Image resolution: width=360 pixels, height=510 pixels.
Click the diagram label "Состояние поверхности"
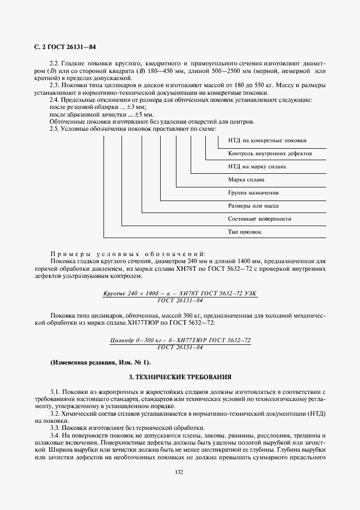[259, 218]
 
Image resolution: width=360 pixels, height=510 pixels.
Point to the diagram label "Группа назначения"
[253, 193]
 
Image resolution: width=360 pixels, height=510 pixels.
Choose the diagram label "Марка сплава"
[247, 179]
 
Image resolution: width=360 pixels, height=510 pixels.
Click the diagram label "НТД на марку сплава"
[257, 166]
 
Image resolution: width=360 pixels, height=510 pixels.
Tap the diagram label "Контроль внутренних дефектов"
[270, 154]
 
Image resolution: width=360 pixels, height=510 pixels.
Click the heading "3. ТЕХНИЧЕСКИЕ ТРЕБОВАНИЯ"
[180, 377]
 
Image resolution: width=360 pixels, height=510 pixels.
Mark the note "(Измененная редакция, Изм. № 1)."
[101, 363]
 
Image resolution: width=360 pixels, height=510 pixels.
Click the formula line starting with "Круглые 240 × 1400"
[180, 294]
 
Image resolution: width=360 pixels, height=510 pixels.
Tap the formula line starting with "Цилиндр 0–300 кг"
[180, 340]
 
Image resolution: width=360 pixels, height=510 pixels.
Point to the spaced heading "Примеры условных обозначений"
[126, 254]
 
